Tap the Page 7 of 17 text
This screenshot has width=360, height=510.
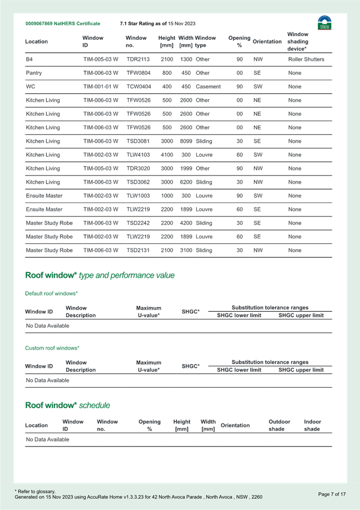pyautogui.click(x=331, y=494)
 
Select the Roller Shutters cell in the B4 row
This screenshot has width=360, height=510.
pyautogui.click(x=306, y=58)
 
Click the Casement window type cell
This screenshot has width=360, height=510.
pyautogui.click(x=208, y=86)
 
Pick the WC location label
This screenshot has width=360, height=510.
pyautogui.click(x=30, y=86)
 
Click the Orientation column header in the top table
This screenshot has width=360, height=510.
pyautogui.click(x=266, y=41)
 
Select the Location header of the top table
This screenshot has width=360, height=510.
pyautogui.click(x=36, y=41)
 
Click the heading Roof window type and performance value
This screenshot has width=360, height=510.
pyautogui.click(x=100, y=275)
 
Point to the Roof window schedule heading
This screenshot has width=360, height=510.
pyautogui.click(x=68, y=405)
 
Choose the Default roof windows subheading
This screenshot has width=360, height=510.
pyautogui.click(x=52, y=294)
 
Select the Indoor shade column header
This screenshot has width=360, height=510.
pyautogui.click(x=313, y=425)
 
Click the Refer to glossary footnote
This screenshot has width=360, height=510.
pyautogui.click(x=32, y=492)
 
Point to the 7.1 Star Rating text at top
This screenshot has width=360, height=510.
pyautogui.click(x=157, y=24)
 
